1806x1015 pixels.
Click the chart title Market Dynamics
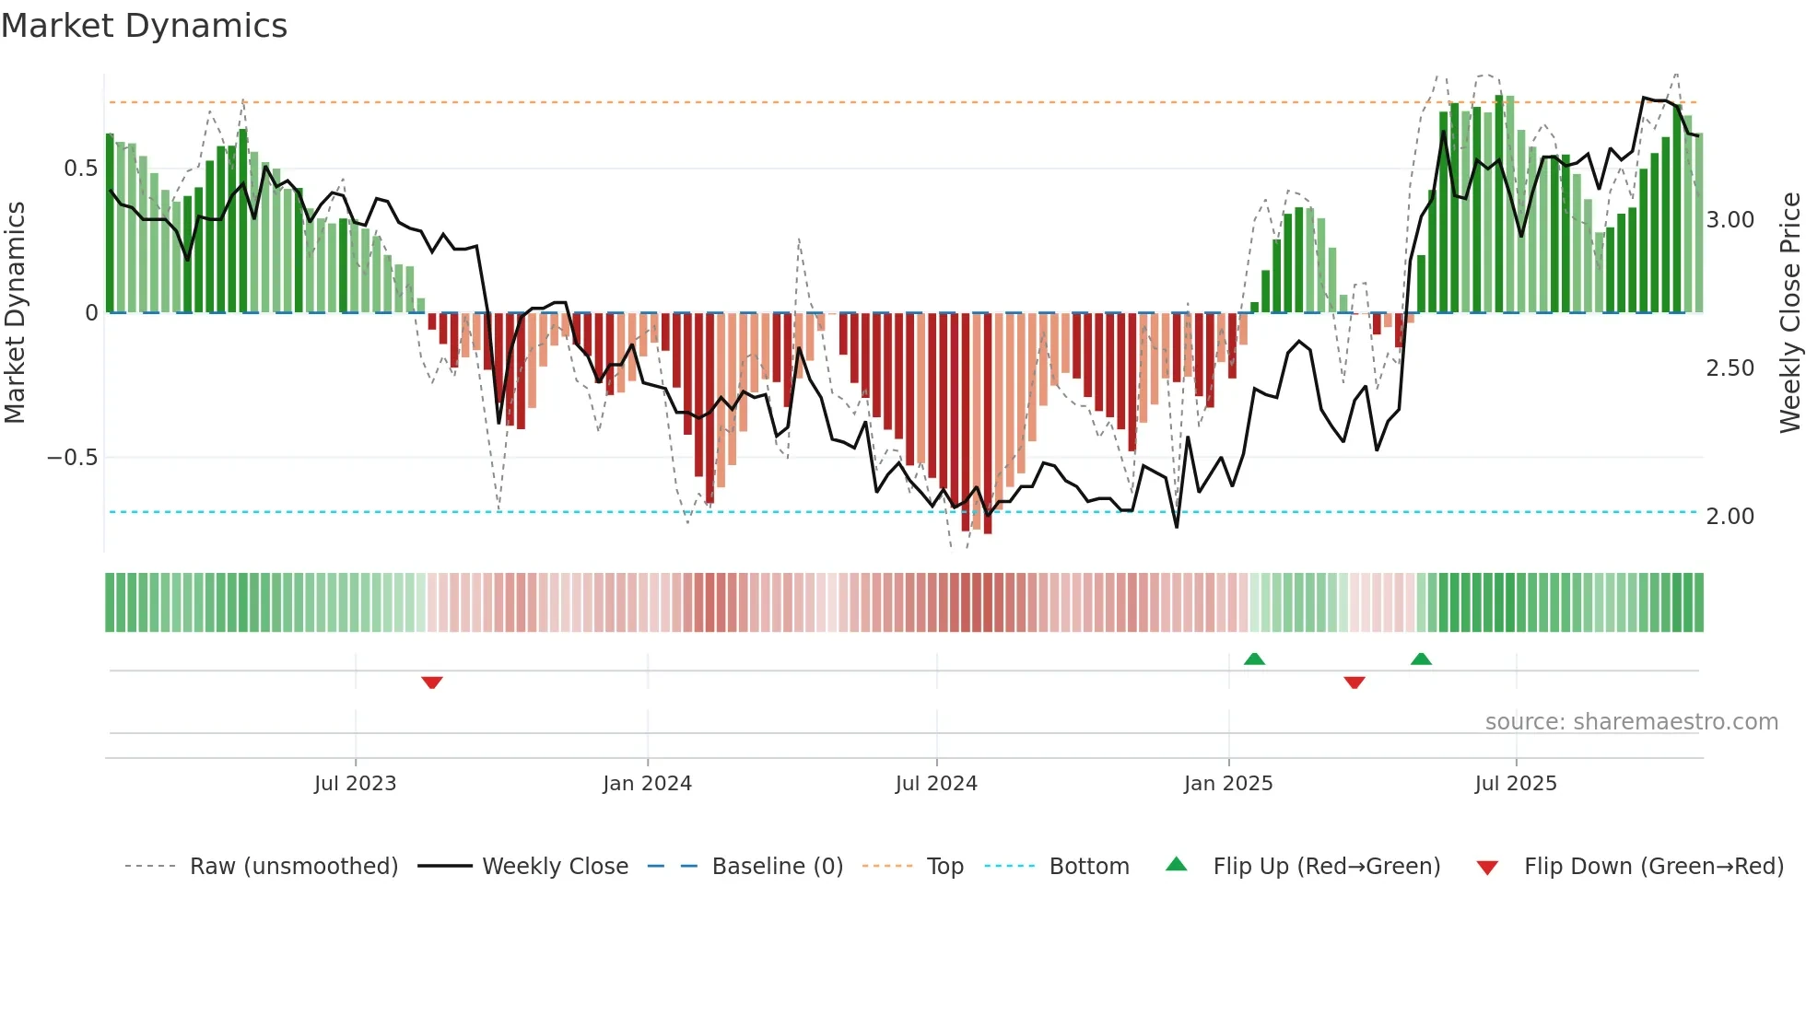point(144,26)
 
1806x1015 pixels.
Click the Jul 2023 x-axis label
point(355,784)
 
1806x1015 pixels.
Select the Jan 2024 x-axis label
point(647,784)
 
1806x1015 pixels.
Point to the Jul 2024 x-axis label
point(936,784)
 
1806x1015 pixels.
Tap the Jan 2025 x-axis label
point(1228,784)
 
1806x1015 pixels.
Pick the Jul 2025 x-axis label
point(1516,784)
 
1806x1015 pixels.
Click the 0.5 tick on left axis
point(80,169)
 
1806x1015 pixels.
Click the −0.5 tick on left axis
point(73,458)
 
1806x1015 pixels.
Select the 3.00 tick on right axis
point(1730,220)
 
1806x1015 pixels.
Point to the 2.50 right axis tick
point(1730,368)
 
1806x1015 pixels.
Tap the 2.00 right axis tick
point(1730,517)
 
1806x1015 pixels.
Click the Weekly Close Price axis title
point(1789,312)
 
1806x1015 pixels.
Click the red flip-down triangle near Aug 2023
point(432,682)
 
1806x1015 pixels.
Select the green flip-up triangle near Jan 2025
point(1254,659)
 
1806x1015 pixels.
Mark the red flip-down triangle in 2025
point(1354,682)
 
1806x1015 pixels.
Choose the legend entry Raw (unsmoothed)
point(293,867)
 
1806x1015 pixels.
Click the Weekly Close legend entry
point(555,867)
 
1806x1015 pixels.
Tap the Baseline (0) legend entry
point(777,867)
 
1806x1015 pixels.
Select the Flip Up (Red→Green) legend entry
point(1326,867)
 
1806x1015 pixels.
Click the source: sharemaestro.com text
point(1631,722)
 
